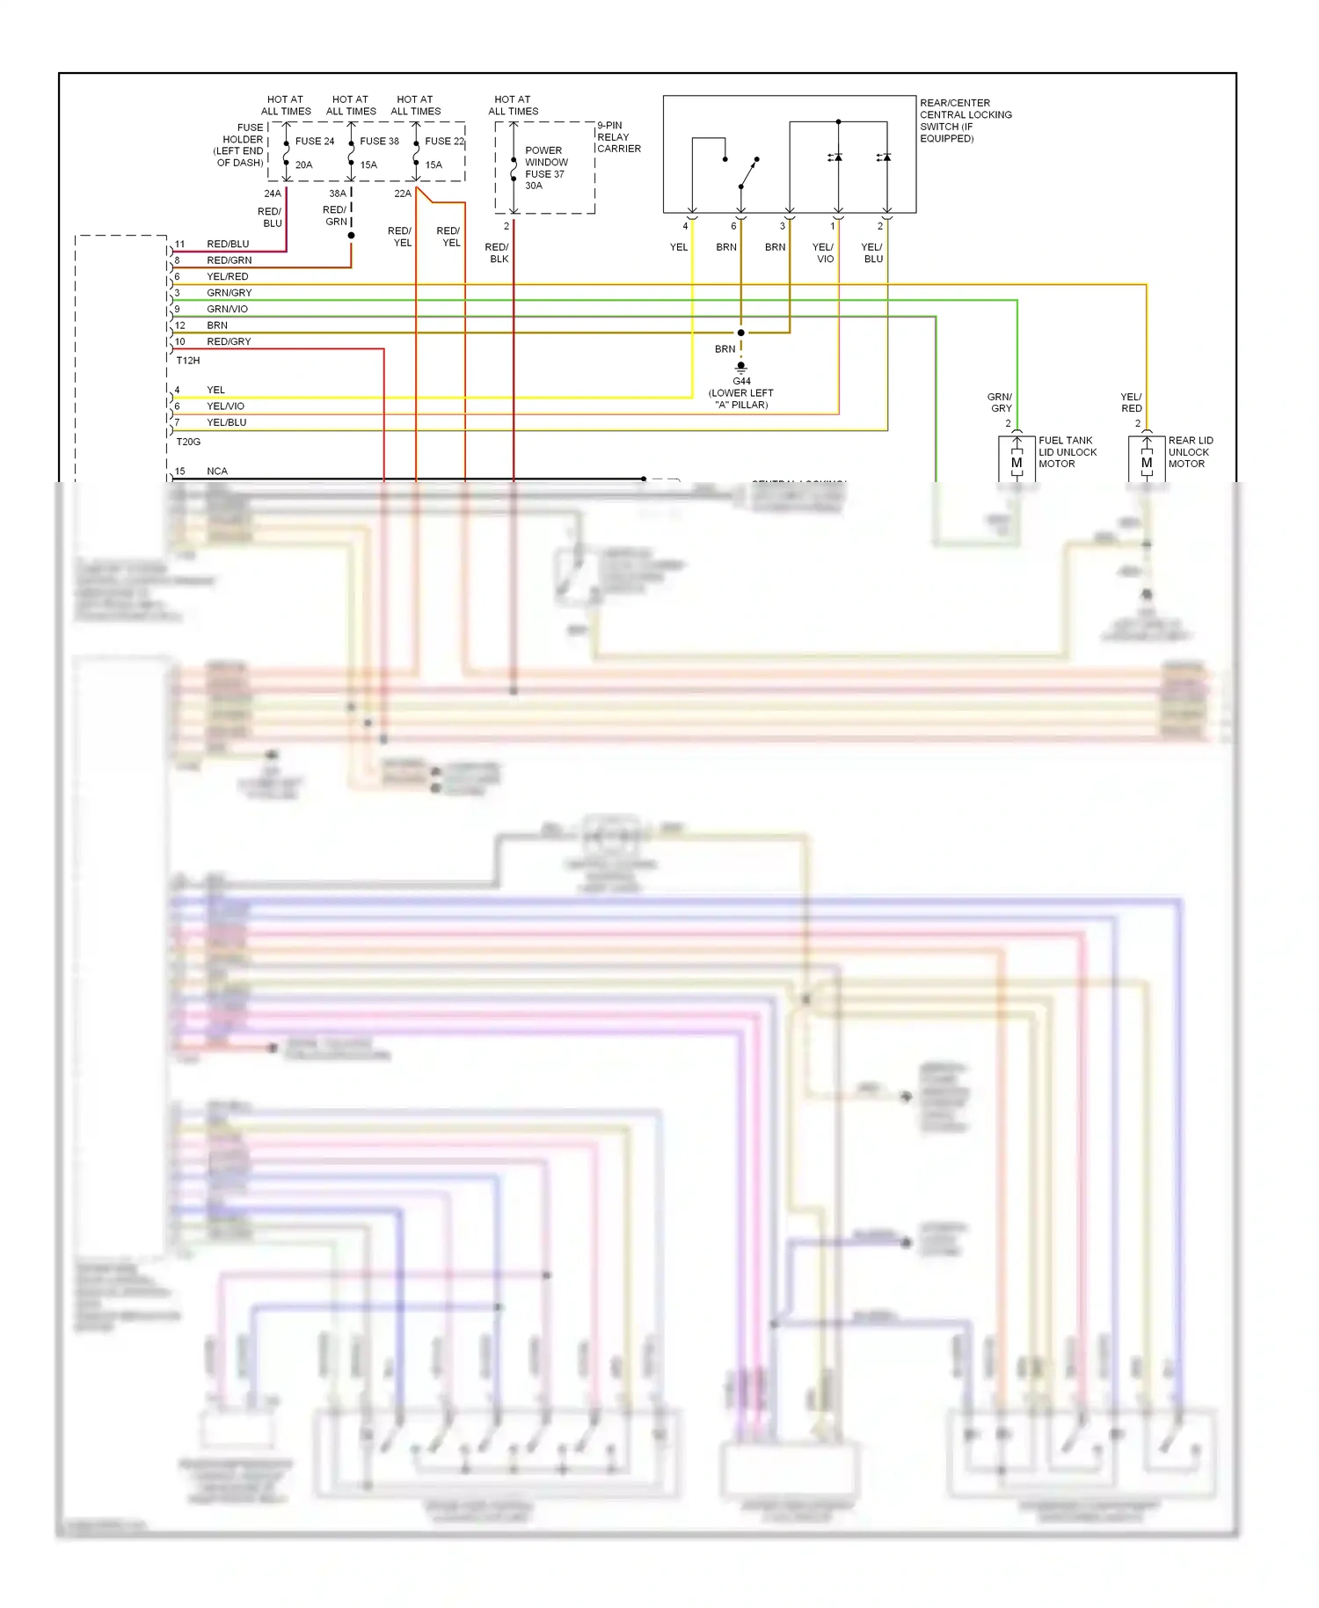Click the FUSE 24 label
[x=314, y=141]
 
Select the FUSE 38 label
[x=379, y=141]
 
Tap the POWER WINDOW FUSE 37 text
[x=546, y=167]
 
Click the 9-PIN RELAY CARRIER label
[x=618, y=137]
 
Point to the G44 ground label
[x=741, y=382]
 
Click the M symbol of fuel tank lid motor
[x=1017, y=463]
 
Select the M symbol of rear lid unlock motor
[x=1147, y=463]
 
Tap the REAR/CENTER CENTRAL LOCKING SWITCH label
[x=966, y=121]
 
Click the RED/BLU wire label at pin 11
[x=228, y=244]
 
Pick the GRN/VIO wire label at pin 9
[x=227, y=309]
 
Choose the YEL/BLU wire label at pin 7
[x=226, y=422]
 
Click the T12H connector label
[x=188, y=361]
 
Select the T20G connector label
[x=188, y=442]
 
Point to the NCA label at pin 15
[x=216, y=471]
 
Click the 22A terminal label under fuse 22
[x=402, y=194]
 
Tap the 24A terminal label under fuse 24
[x=273, y=194]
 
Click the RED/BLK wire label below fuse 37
[x=498, y=253]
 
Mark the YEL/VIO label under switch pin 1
[x=823, y=253]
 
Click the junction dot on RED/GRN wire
[x=351, y=236]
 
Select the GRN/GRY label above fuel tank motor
[x=1000, y=403]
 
